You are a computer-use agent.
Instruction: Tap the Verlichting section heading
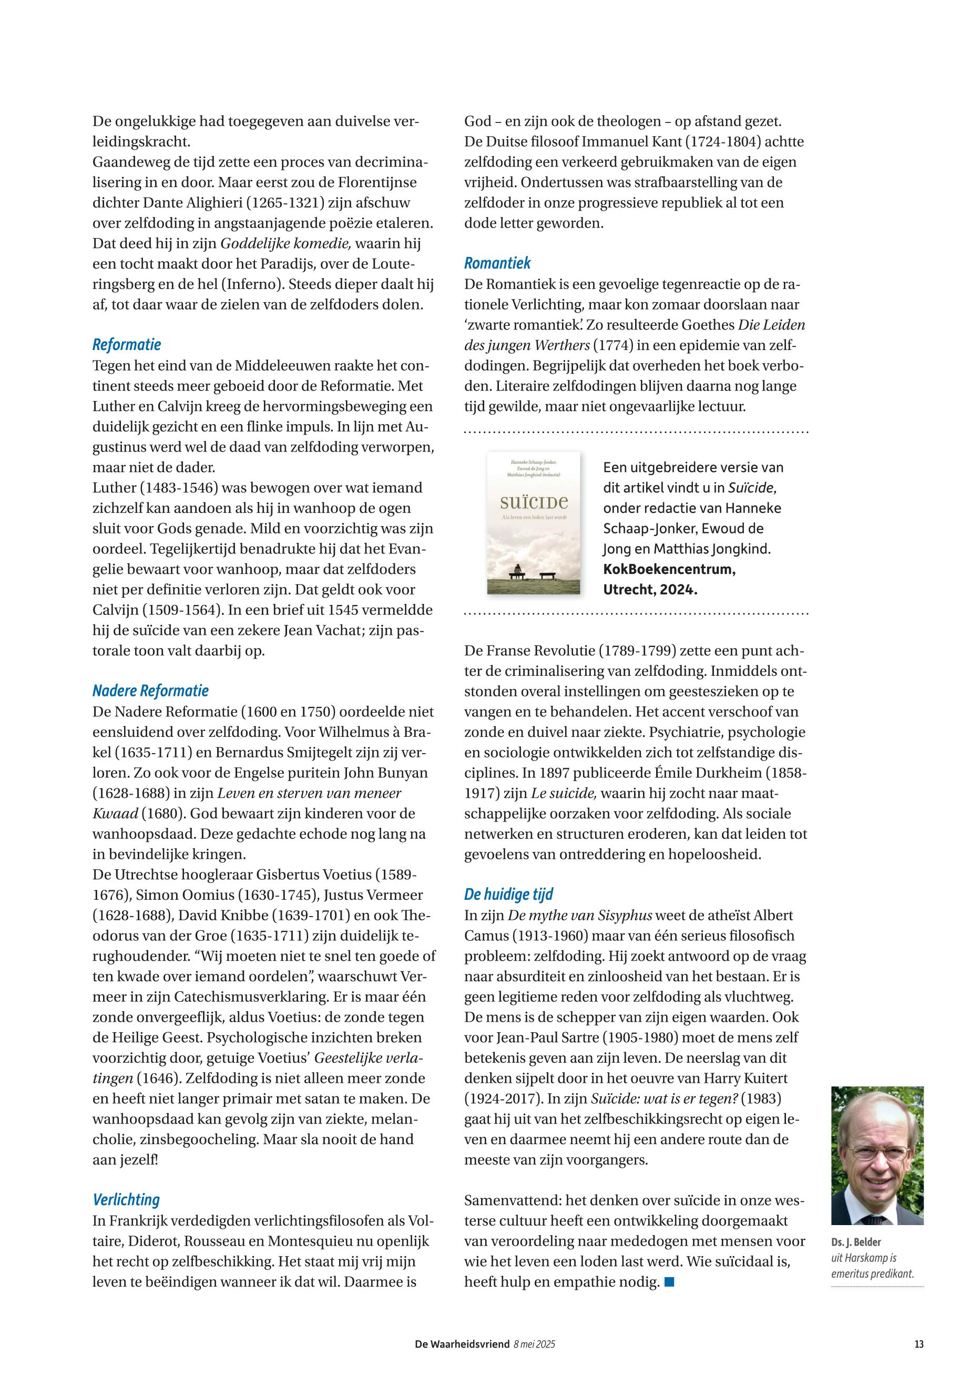pos(126,1199)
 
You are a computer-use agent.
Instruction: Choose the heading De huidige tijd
pos(509,894)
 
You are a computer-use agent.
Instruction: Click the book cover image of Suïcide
pos(533,522)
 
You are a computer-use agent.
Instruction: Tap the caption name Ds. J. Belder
pos(856,1242)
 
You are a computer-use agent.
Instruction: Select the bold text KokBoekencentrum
pos(669,569)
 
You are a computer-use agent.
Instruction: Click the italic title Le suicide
pos(564,793)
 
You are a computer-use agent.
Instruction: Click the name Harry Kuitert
pos(746,1078)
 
